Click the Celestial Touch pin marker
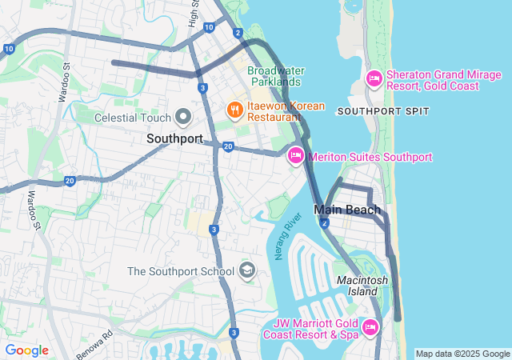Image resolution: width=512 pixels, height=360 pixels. (183, 117)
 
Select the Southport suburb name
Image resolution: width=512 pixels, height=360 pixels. (174, 138)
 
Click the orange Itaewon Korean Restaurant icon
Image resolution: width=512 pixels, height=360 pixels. (234, 107)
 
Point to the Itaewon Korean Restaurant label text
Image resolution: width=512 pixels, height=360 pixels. (286, 111)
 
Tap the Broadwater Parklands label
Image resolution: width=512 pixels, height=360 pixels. (275, 76)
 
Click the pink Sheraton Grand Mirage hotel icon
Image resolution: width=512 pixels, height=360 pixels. (374, 78)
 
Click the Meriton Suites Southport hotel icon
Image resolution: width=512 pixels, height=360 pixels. (295, 156)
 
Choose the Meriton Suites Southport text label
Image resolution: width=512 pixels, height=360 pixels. (370, 157)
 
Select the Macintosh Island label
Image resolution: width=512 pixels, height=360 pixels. (362, 286)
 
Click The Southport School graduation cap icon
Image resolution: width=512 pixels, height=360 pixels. (247, 270)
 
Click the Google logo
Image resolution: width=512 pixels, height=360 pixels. (26, 350)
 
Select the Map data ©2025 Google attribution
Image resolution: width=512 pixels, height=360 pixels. (462, 354)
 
